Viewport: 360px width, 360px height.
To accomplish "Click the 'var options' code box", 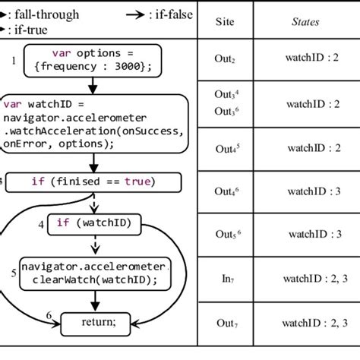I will coord(93,59).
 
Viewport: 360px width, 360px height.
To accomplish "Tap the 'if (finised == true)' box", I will coord(93,182).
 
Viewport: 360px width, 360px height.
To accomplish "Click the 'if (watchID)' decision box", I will coord(93,223).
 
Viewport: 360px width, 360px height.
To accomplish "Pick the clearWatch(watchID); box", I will coord(93,273).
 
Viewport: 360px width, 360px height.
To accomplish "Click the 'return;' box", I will coord(93,322).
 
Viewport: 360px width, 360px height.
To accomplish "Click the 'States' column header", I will coord(305,21).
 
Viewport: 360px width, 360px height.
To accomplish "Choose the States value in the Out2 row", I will coord(306,57).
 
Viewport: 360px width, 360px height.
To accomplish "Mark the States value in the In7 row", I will coord(306,280).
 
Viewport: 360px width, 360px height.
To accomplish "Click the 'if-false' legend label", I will coord(166,14).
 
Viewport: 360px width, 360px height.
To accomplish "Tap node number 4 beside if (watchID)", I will coord(42,223).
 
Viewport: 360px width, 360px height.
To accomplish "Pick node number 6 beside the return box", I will coord(49,314).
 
